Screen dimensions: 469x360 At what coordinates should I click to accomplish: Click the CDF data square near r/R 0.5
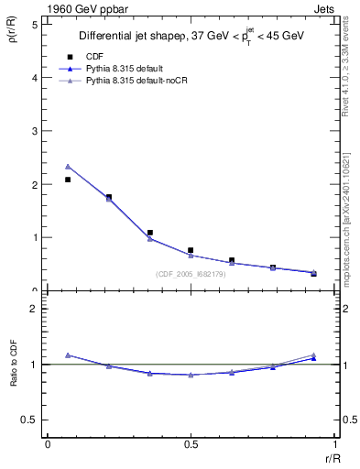pos(191,250)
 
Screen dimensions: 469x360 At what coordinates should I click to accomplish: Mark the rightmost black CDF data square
pos(313,273)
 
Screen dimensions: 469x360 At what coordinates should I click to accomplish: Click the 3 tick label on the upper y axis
pos(34,131)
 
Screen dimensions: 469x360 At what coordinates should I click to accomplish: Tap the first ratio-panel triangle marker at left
pos(68,354)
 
